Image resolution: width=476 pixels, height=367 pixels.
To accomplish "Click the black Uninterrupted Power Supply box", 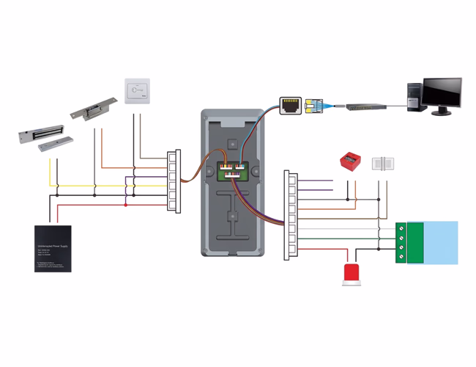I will pos(53,248).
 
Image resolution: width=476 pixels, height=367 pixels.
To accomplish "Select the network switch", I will pos(367,106).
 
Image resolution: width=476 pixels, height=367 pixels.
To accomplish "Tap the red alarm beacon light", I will pos(350,275).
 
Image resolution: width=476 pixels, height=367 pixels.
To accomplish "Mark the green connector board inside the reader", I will pos(230,171).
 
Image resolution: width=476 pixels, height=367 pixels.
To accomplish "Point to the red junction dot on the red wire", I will pos(126,205).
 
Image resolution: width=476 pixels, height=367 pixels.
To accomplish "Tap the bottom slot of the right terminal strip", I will pos(291,250).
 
